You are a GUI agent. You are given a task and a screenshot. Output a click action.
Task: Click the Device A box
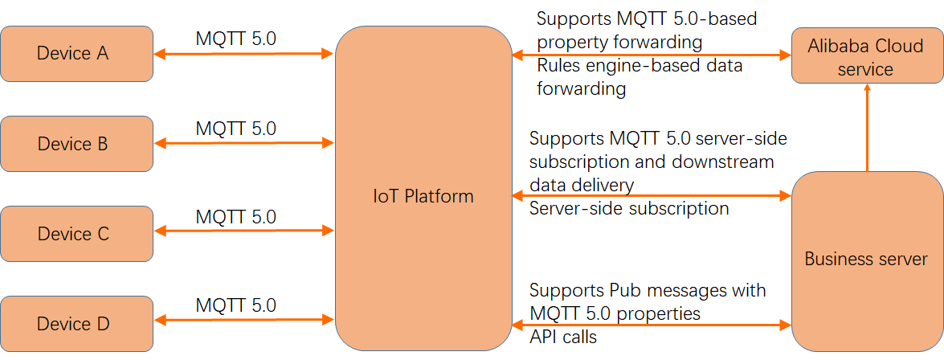tap(76, 54)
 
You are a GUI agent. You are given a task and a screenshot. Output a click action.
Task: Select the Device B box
tap(76, 144)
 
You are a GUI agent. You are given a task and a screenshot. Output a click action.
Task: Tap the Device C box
tap(76, 234)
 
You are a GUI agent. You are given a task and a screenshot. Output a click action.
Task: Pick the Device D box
tap(76, 324)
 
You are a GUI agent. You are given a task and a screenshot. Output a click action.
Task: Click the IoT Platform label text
tap(423, 196)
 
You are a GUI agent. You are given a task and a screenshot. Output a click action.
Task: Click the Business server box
tap(865, 259)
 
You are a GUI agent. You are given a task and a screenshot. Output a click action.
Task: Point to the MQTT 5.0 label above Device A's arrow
tap(235, 39)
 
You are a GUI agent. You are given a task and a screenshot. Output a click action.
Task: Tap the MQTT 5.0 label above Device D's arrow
tap(235, 305)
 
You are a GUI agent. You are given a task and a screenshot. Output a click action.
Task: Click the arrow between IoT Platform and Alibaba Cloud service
tap(652, 55)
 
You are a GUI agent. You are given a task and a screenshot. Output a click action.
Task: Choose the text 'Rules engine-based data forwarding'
tap(640, 77)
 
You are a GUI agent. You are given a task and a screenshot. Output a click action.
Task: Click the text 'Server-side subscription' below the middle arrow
tap(629, 209)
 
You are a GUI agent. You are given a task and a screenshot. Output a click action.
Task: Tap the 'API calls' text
tap(563, 337)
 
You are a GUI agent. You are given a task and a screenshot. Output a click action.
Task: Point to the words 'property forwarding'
tap(620, 41)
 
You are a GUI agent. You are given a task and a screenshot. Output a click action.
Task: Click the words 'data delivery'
tap(582, 186)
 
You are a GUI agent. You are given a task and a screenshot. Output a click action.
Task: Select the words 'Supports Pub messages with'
tap(648, 290)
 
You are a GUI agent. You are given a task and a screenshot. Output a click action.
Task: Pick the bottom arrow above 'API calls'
tap(652, 325)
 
